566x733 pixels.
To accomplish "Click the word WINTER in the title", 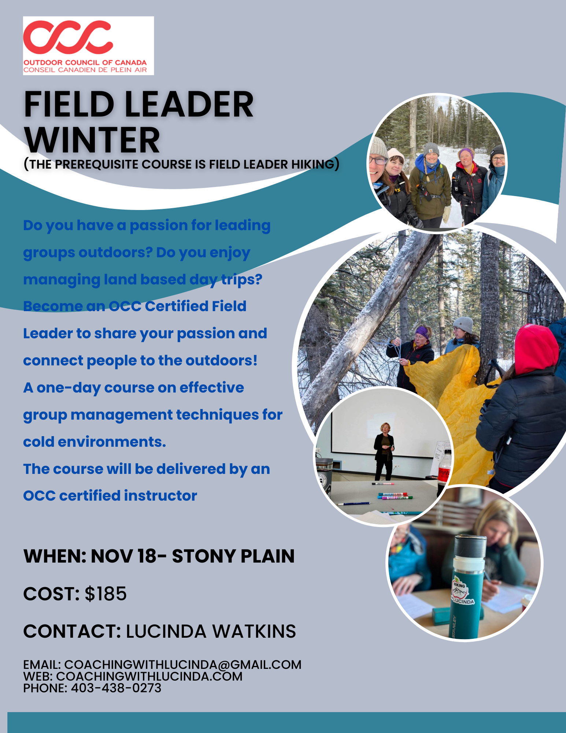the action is tap(92, 140).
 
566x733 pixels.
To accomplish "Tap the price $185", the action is tap(106, 594).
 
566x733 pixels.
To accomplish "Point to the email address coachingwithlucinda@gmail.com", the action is tap(183, 664).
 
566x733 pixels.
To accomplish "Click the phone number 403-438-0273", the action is tap(116, 688).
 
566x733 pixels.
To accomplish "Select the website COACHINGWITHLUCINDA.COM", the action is tap(149, 676).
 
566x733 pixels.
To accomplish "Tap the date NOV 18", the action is tap(124, 556).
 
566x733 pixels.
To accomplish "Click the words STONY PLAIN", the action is tap(233, 556).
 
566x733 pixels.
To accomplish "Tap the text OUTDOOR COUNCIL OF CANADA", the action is tap(85, 63).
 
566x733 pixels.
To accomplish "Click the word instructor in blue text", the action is tap(160, 496).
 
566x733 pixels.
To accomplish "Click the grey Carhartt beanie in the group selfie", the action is tap(431, 149).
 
